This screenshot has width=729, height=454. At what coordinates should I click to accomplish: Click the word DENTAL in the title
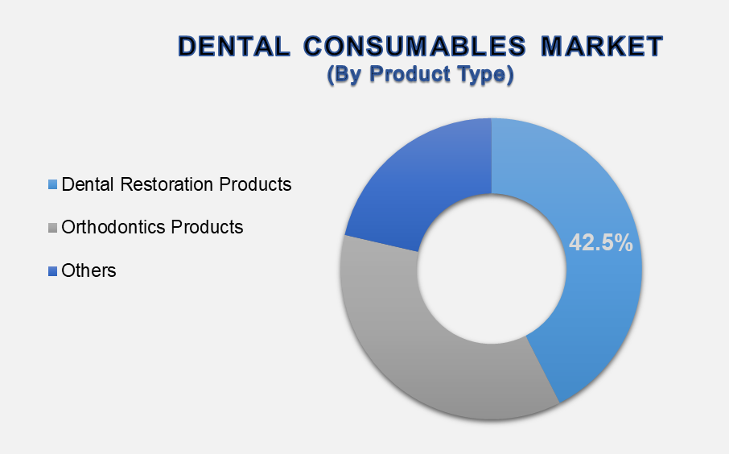click(234, 47)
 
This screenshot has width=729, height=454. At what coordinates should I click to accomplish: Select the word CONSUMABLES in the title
click(414, 47)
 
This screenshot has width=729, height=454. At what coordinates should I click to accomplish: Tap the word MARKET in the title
click(602, 47)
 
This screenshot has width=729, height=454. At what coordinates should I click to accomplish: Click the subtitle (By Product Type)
click(420, 74)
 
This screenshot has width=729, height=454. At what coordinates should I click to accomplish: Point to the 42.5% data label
click(601, 242)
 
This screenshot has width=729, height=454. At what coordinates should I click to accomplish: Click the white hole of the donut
click(492, 270)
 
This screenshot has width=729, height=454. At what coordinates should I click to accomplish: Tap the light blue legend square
click(52, 184)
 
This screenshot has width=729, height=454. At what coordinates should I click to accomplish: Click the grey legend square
click(52, 228)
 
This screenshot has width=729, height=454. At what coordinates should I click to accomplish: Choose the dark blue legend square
click(52, 270)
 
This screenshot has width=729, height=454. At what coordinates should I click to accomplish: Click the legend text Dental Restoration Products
click(176, 184)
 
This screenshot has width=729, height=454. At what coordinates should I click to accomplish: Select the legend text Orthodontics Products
click(152, 228)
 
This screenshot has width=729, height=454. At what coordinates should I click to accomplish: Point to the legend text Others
click(89, 270)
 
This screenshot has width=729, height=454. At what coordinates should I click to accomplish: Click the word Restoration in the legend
click(167, 184)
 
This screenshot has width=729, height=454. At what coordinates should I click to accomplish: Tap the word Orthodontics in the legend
click(113, 228)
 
